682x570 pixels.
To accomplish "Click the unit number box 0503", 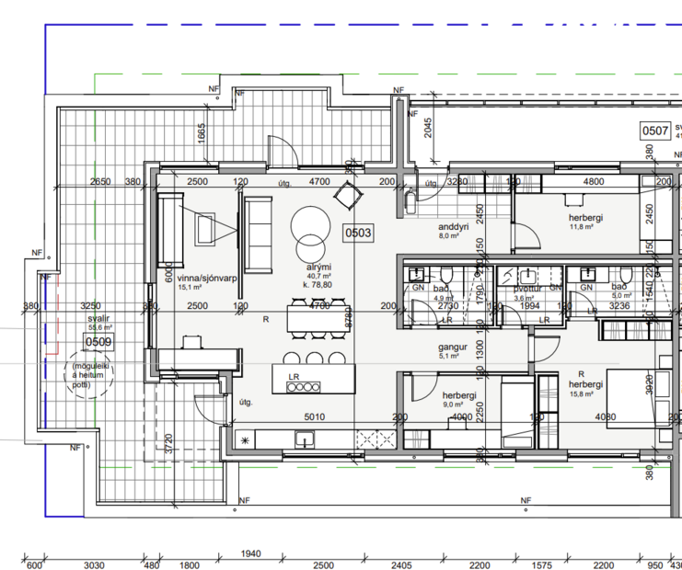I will tap(357, 234).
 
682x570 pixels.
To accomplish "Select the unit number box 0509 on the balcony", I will tap(98, 343).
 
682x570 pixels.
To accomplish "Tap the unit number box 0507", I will tap(654, 131).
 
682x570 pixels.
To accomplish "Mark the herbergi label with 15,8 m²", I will tap(584, 385).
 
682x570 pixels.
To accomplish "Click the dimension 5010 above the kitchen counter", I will tap(315, 416).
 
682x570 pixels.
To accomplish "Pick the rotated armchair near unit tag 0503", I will tap(349, 195).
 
